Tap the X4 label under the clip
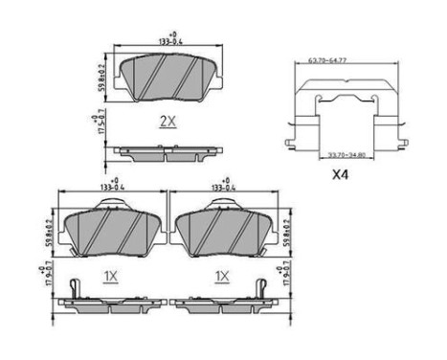pos(339,175)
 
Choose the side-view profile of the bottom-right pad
pos(223,304)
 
